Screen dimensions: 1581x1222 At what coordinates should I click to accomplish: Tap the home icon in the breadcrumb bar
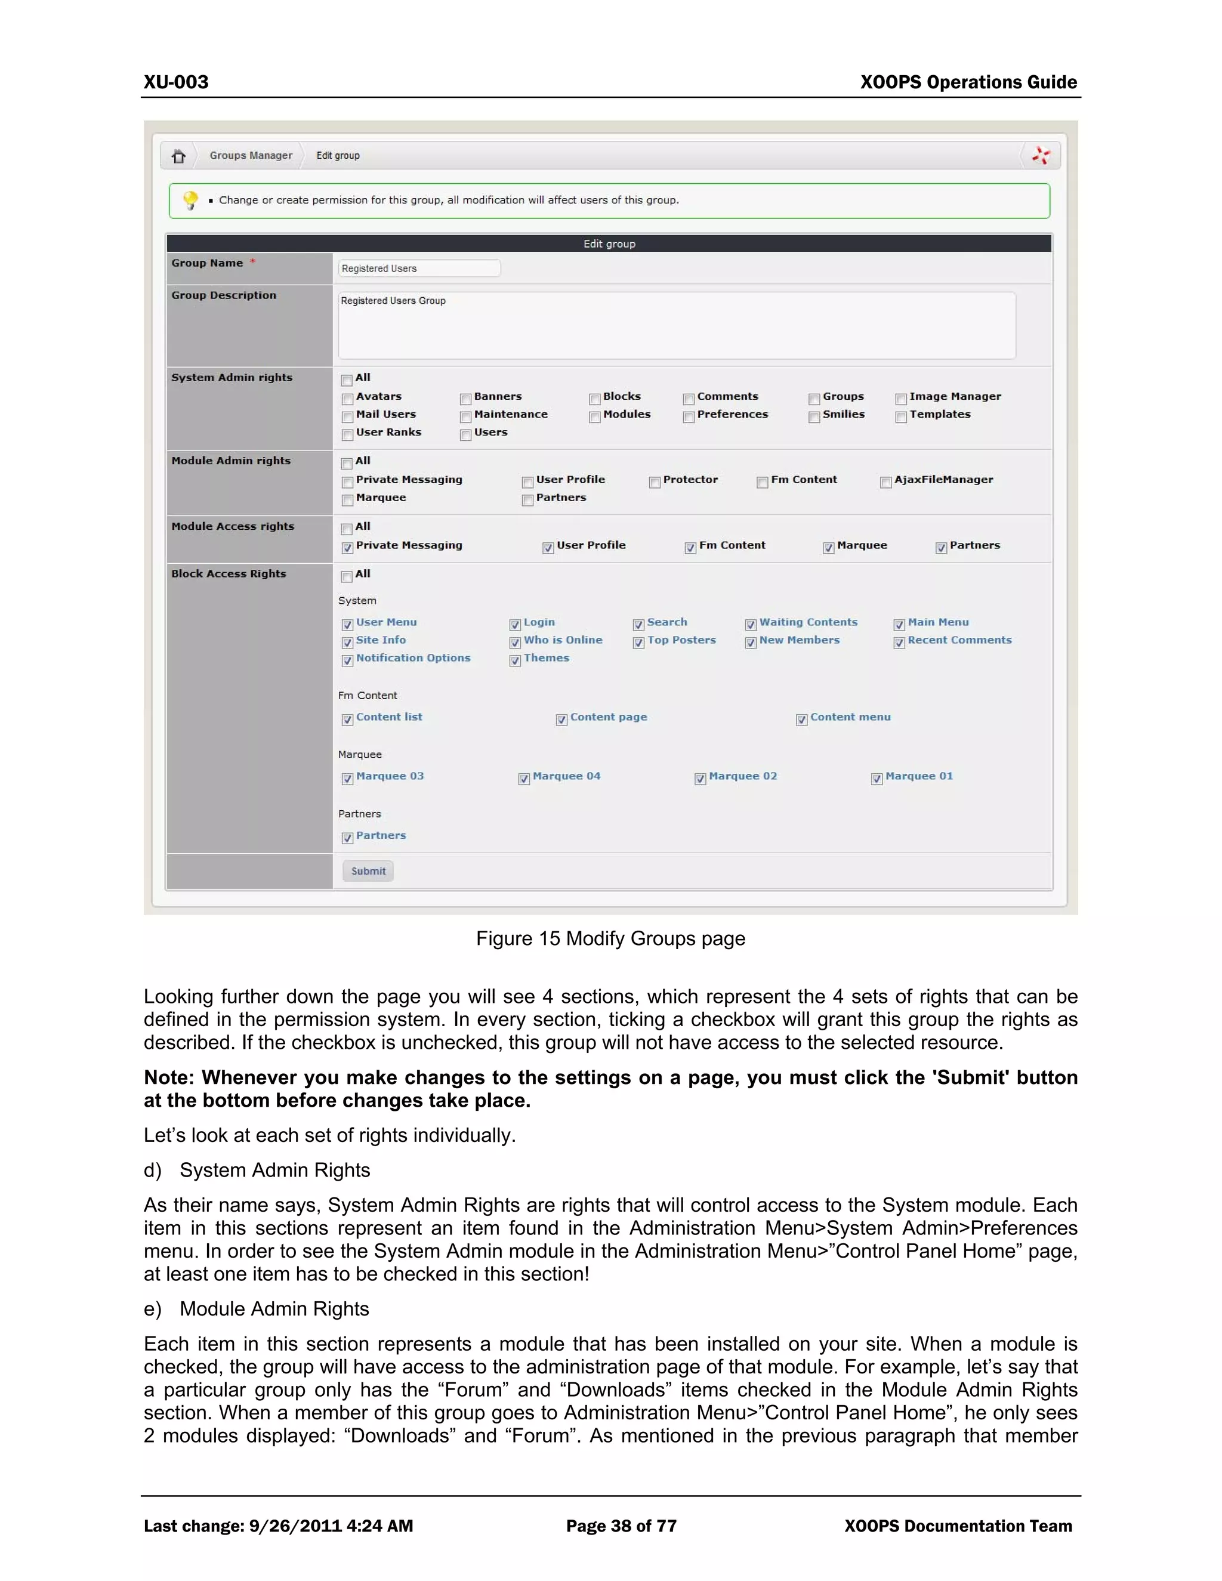click(178, 156)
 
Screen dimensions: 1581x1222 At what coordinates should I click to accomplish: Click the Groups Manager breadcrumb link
click(251, 156)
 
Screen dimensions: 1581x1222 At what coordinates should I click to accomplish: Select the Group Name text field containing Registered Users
click(418, 268)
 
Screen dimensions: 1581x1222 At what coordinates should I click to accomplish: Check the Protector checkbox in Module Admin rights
click(655, 482)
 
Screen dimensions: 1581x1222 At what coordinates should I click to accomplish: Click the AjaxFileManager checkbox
click(885, 482)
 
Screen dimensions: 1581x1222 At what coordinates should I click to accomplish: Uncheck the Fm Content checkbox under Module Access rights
click(690, 548)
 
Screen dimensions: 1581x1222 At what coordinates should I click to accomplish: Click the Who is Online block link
click(563, 640)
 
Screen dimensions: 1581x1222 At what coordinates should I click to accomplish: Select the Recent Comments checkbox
click(899, 643)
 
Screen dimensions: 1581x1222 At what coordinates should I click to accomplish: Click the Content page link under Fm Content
click(608, 717)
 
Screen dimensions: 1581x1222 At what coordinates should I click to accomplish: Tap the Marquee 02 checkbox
click(700, 779)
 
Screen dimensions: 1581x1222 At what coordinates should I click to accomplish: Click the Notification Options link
click(413, 658)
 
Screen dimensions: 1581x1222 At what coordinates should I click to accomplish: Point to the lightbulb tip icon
click(190, 200)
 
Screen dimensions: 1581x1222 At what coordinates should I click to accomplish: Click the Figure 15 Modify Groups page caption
click(610, 939)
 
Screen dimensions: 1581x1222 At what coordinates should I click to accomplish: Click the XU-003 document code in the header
click(176, 82)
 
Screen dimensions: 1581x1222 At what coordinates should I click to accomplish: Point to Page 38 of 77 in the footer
click(621, 1526)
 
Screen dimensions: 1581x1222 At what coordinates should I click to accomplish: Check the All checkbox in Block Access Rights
click(347, 576)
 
